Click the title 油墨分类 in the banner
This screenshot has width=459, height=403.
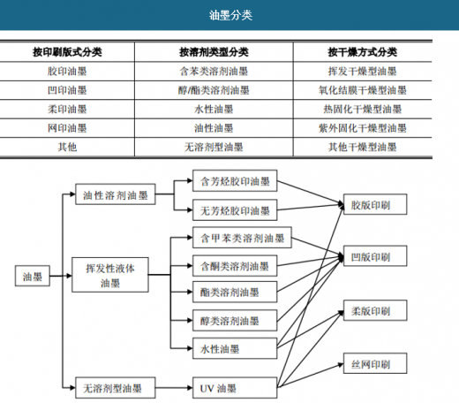(x=230, y=15)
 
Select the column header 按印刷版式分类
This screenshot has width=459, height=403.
(x=67, y=52)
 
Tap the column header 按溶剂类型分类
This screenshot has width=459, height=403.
(x=214, y=52)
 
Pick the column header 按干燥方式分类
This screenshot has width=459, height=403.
(x=363, y=52)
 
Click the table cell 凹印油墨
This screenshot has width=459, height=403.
(x=67, y=90)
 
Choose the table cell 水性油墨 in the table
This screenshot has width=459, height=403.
(x=214, y=110)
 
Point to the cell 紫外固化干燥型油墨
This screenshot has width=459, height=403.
(x=363, y=128)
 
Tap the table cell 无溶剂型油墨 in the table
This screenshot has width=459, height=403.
(x=214, y=147)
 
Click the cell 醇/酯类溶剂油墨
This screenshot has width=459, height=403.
(x=214, y=90)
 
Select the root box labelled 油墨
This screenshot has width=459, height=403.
(x=33, y=276)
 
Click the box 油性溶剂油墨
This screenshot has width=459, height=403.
(x=116, y=194)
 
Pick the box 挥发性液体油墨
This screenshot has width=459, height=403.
(x=110, y=275)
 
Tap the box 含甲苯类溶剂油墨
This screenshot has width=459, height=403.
(x=242, y=238)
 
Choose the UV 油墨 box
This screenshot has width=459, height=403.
(x=235, y=388)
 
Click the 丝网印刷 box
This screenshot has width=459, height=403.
(x=375, y=363)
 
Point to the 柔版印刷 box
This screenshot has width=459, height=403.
(x=375, y=310)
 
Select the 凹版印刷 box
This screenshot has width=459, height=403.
(x=375, y=256)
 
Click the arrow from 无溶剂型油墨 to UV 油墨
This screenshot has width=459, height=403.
(x=174, y=388)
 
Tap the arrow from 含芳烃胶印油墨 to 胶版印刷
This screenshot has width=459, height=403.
(x=311, y=193)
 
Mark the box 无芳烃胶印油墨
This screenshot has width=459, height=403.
(x=235, y=210)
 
